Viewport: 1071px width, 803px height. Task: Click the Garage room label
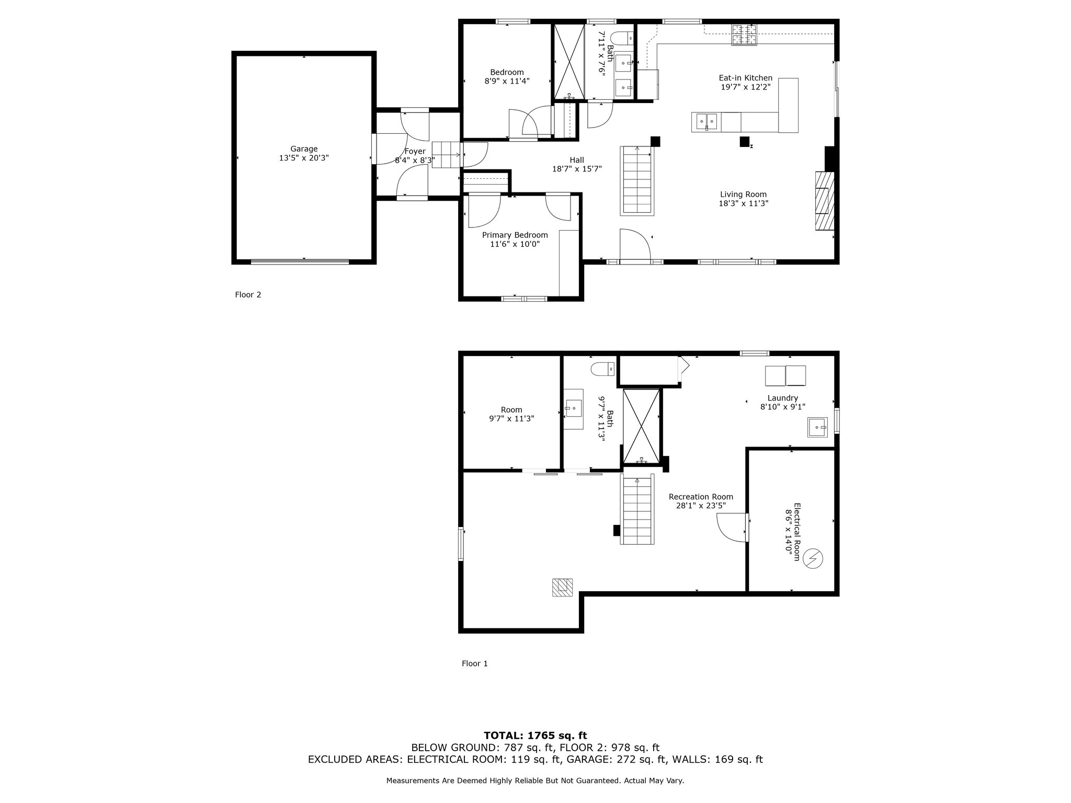(x=304, y=149)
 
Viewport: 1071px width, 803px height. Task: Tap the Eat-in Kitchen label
(x=745, y=78)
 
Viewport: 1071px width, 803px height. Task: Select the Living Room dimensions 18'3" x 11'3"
(x=743, y=203)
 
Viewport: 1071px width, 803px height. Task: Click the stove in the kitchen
(x=744, y=35)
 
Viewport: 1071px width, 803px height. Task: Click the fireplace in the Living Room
(x=824, y=201)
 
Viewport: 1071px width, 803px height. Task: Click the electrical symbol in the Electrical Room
(x=813, y=559)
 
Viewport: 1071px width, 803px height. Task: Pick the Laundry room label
(x=782, y=398)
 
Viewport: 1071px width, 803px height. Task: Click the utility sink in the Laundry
(x=817, y=427)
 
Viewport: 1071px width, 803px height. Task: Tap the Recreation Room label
(x=701, y=497)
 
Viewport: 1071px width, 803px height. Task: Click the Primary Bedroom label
(x=515, y=235)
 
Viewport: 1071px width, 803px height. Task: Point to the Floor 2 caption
(x=248, y=295)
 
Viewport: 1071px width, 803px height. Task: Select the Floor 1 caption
(x=475, y=663)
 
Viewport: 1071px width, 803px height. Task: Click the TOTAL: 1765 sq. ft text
(x=535, y=736)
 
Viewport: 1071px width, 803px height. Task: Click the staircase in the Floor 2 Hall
(x=637, y=180)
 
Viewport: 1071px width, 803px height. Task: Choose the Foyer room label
(x=415, y=152)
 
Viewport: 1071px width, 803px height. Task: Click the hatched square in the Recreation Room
(x=562, y=587)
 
